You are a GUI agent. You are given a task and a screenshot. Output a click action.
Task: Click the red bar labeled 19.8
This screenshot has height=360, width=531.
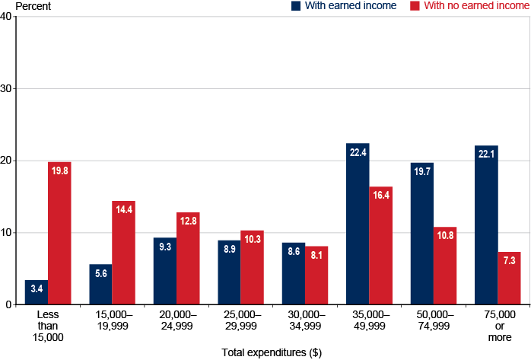coord(59,233)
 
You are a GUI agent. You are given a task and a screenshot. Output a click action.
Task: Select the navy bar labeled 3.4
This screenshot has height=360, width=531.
coord(37,292)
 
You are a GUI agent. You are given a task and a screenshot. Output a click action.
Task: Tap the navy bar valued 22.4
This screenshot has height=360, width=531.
coord(358,224)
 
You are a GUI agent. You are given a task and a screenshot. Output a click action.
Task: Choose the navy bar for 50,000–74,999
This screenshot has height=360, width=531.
coord(421,234)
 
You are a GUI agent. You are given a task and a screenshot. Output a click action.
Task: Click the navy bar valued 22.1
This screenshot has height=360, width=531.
coord(486,225)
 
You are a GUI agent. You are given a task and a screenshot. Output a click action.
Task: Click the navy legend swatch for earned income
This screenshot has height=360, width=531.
coord(296,6)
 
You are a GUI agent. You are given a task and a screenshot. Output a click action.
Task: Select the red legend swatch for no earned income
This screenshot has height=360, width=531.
coord(414,6)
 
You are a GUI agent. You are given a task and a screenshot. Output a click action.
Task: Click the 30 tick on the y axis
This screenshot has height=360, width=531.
coord(7,88)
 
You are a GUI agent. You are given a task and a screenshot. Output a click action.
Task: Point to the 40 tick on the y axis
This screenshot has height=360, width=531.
coord(7,17)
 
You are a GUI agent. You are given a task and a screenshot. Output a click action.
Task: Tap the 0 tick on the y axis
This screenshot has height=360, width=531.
coord(9,304)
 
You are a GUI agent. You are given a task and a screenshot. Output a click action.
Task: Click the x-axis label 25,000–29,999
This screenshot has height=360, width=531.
coord(240,320)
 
